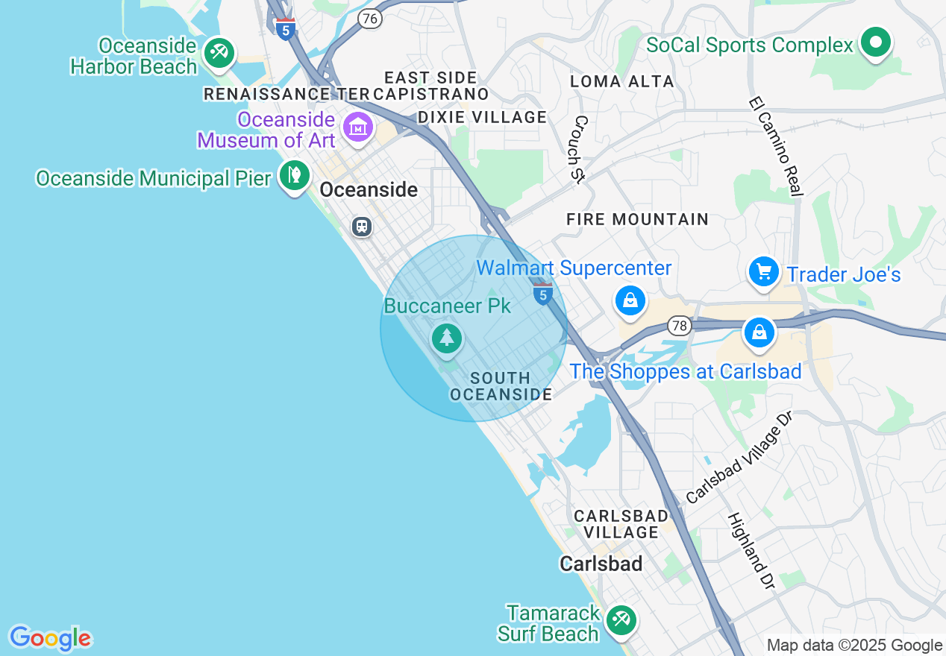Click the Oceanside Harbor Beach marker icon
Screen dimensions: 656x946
[219, 53]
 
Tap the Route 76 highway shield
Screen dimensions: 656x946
[370, 19]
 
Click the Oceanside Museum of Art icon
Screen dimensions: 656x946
[358, 127]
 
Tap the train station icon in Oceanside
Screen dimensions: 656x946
[363, 226]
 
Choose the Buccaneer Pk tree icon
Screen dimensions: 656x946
[447, 339]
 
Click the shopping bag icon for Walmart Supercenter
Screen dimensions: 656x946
[630, 300]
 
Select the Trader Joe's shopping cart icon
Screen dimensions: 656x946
[763, 271]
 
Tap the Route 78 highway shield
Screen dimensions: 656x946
[679, 325]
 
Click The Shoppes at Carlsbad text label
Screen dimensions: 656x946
[686, 371]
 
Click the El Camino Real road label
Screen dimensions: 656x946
[776, 146]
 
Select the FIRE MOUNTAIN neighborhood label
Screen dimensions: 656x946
[637, 219]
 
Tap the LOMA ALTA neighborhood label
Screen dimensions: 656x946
[622, 81]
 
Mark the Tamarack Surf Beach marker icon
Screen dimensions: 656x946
[620, 619]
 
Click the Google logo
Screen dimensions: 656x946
[50, 638]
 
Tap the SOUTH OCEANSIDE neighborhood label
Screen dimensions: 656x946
[501, 386]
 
